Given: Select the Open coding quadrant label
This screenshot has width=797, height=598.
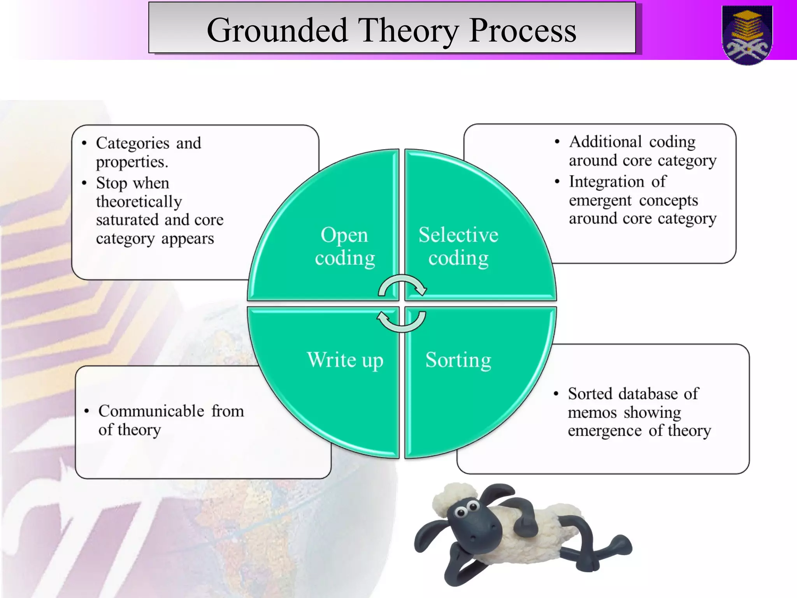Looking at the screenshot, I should click(x=344, y=246).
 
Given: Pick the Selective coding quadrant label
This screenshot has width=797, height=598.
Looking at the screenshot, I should click(x=458, y=246).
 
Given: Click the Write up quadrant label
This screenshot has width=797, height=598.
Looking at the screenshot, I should click(x=345, y=360).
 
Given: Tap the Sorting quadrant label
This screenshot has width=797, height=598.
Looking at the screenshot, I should click(x=458, y=360).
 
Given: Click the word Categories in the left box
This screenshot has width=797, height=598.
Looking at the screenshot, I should click(x=133, y=143).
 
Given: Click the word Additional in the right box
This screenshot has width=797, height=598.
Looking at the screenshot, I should click(x=605, y=142).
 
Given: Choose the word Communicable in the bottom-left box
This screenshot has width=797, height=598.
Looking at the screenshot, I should click(x=151, y=411).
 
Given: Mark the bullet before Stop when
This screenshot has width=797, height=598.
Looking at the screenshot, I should click(x=84, y=183).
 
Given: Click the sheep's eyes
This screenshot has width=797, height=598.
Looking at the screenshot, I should click(x=467, y=509).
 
